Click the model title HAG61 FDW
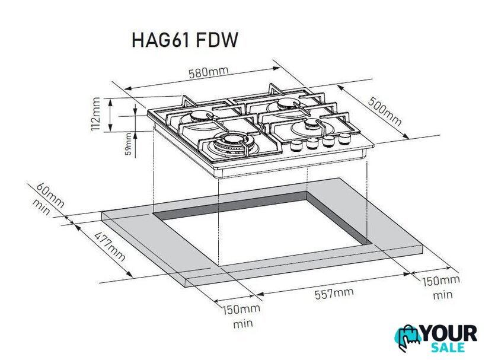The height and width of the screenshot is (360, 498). pos(184,40)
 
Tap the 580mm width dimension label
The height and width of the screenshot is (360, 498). pos(209,72)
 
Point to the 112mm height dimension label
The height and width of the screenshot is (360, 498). pos(95,114)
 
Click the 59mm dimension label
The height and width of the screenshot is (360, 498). pos(128,144)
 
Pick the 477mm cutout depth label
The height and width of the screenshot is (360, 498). pos(110,247)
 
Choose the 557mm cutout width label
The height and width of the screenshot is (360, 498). pos(334,293)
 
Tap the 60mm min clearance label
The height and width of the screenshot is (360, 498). pos(47,199)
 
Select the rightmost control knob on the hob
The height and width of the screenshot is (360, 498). pos(344,138)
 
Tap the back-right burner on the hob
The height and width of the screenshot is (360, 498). pos(286,106)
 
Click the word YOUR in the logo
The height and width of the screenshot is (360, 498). pos(449,333)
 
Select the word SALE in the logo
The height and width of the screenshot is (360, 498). pos(448,348)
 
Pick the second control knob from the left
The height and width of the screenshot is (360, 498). pos(313,144)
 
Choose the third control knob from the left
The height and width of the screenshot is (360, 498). pos(328,141)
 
